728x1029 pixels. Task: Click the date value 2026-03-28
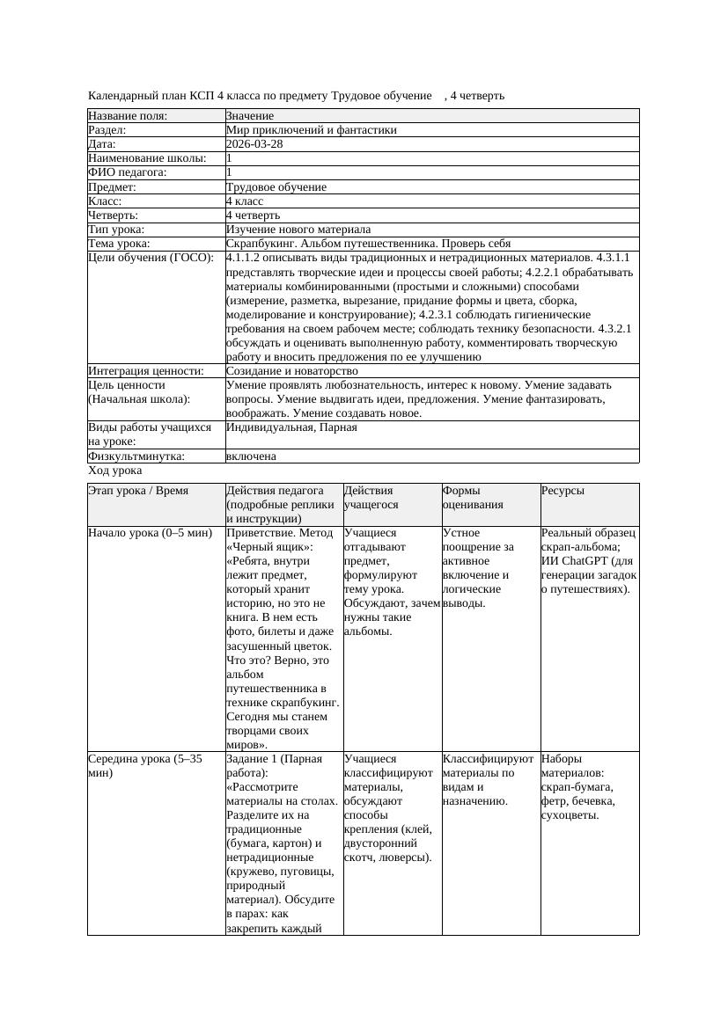point(254,144)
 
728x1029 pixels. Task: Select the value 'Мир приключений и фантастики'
point(311,130)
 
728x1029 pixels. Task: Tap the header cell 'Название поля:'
point(128,116)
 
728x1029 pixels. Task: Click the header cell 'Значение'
point(250,116)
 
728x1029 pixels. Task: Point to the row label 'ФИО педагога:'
point(128,173)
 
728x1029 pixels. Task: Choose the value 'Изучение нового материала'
point(298,230)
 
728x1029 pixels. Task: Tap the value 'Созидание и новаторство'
point(291,371)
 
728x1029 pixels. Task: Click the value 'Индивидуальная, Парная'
point(291,427)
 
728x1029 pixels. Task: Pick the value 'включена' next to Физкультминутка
point(251,456)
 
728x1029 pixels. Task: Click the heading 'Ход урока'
point(114,471)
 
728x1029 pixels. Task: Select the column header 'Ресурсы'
point(563,491)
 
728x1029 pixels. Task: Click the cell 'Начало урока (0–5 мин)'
point(150,533)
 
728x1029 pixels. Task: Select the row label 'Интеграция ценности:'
point(145,371)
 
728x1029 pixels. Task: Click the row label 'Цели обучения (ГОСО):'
point(151,258)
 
